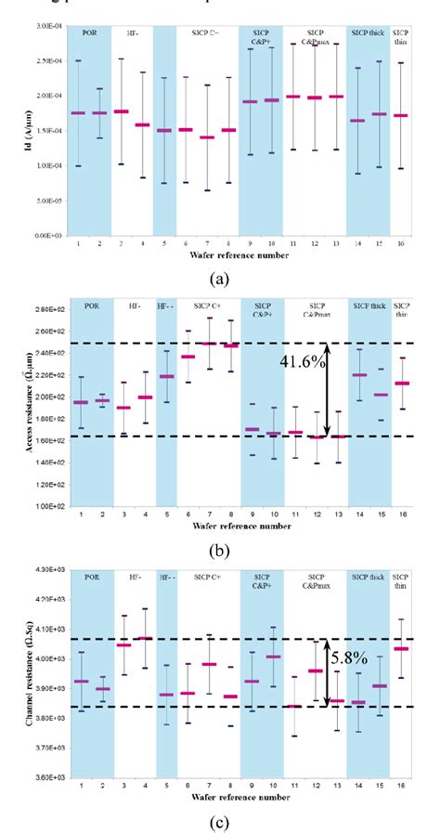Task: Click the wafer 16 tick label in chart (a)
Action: pos(402,243)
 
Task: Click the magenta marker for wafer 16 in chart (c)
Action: pos(401,648)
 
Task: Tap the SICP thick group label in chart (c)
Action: pos(368,577)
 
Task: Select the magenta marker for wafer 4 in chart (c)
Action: pos(145,638)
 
